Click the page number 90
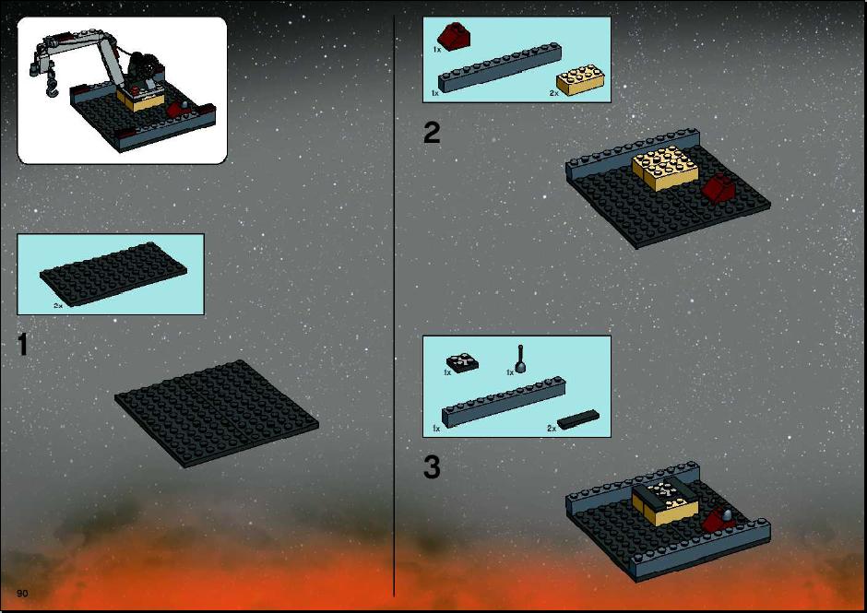click(x=22, y=593)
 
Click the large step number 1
click(x=23, y=345)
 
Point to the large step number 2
click(x=432, y=133)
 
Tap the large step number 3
click(x=432, y=467)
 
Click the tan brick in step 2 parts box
click(x=580, y=79)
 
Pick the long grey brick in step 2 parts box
click(x=500, y=67)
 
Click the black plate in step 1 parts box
click(x=113, y=273)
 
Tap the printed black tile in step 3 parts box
click(x=462, y=362)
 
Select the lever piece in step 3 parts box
click(x=520, y=360)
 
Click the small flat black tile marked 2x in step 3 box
click(x=577, y=419)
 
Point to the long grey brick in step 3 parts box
click(x=504, y=402)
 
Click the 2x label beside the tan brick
click(x=553, y=93)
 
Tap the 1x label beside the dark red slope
click(x=437, y=50)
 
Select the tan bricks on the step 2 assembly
click(x=665, y=168)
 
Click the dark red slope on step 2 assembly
click(x=719, y=188)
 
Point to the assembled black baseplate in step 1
click(x=217, y=414)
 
